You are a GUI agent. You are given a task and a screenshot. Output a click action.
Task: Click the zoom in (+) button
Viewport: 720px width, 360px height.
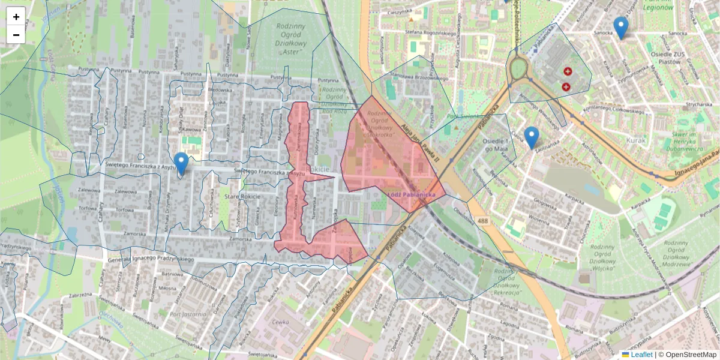[16, 17]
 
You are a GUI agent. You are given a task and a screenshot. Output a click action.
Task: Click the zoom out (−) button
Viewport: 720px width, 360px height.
[16, 35]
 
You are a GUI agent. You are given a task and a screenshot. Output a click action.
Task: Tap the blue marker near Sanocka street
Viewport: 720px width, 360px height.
[620, 28]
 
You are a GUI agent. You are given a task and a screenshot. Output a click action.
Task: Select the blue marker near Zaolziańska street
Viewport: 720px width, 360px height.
[531, 137]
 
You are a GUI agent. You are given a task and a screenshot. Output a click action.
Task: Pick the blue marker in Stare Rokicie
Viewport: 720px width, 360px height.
[181, 163]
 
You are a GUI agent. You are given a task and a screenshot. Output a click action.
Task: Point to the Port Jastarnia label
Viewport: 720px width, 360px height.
[188, 314]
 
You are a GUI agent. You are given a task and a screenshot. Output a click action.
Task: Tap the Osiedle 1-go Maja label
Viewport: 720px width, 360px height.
[479, 145]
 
